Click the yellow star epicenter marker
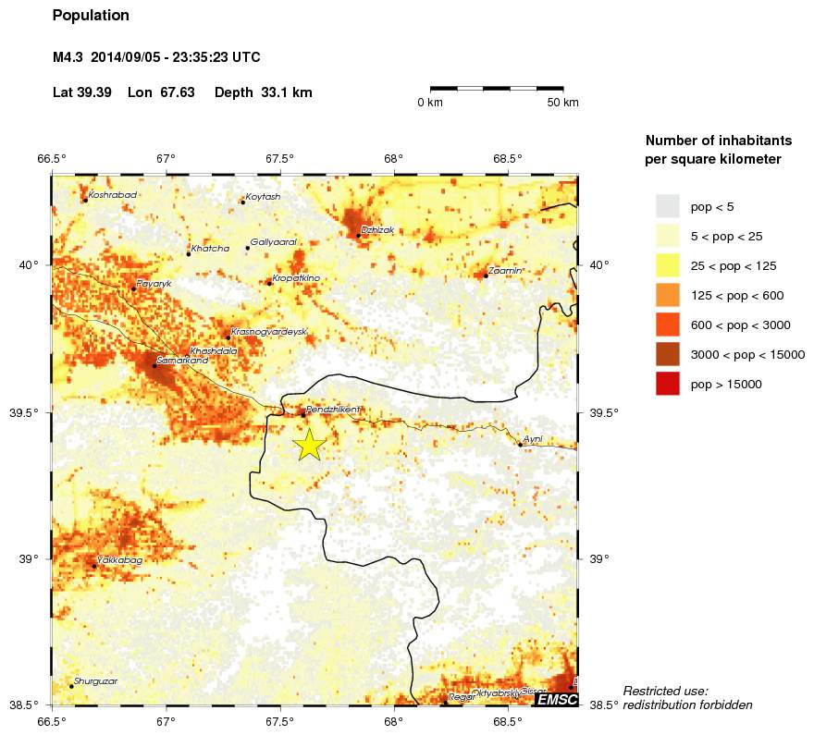(309, 445)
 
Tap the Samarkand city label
(182, 360)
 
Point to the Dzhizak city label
(378, 229)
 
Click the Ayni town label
(533, 439)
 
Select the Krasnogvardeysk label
(268, 331)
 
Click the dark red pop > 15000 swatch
(667, 384)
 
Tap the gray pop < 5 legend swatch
(667, 206)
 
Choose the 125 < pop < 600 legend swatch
(667, 295)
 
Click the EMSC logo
(556, 700)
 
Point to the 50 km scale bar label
(562, 103)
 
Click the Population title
(91, 16)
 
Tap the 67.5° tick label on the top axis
(279, 158)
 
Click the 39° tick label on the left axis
(30, 558)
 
